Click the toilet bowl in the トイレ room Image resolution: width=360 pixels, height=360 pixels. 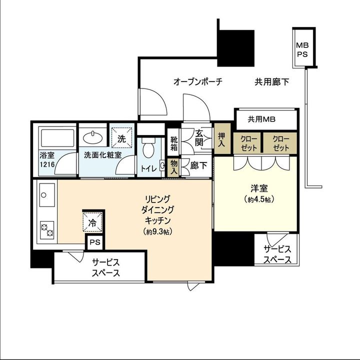[148, 147]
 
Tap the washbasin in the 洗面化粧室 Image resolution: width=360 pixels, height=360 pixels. [93, 137]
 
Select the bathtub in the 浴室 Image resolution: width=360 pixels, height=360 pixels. [57, 138]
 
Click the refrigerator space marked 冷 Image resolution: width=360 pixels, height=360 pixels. [92, 222]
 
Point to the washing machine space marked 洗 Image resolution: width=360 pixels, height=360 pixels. [121, 138]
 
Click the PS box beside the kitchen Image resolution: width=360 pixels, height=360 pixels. [95, 242]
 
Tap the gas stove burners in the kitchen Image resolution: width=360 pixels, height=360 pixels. [47, 230]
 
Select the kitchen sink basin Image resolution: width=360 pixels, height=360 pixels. [47, 195]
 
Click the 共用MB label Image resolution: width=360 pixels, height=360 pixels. [261, 119]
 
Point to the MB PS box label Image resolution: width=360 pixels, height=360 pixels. [302, 49]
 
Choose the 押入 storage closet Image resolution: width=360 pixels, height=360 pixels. [222, 138]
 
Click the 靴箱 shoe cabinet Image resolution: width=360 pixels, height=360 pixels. [174, 143]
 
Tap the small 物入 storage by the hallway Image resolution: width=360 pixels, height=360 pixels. [174, 167]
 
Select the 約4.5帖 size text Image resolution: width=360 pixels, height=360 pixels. [259, 199]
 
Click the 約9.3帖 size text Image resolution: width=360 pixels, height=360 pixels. [157, 232]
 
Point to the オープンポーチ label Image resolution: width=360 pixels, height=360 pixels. [198, 81]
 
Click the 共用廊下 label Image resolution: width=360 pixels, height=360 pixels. [272, 81]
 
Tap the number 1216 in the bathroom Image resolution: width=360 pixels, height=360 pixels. [47, 164]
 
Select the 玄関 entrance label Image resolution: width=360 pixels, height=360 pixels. [199, 138]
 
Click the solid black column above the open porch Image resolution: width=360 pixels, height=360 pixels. [236, 48]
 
